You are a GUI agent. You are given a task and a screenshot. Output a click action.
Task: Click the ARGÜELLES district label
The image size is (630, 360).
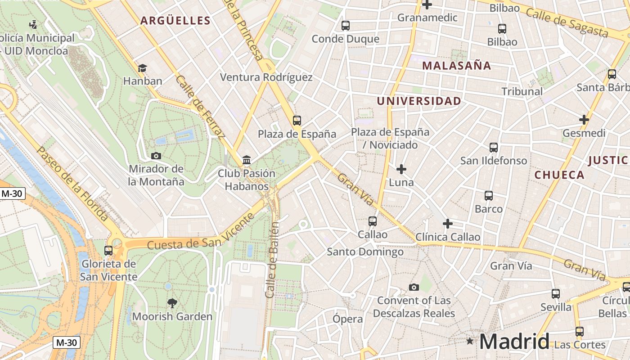[175, 20]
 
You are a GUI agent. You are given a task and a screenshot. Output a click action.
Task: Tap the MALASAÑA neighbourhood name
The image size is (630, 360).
[456, 66]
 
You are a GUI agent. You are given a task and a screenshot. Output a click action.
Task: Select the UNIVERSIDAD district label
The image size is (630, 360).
[419, 101]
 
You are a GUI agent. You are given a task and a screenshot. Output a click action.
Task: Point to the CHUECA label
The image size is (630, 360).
[559, 175]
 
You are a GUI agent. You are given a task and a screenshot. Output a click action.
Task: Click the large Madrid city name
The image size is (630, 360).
[514, 341]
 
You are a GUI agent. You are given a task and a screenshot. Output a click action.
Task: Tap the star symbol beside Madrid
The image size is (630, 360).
[470, 341]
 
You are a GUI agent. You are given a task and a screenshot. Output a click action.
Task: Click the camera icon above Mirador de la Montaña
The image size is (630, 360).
[156, 156]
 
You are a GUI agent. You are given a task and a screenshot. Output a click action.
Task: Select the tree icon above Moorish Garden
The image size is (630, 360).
[172, 303]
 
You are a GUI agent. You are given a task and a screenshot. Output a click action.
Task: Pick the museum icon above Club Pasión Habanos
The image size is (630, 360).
[247, 160]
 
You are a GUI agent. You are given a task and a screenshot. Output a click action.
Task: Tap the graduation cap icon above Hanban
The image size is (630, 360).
[142, 68]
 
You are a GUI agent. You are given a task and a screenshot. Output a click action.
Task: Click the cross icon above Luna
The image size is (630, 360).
[401, 169]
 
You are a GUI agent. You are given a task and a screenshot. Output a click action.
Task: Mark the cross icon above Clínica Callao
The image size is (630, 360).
[447, 224]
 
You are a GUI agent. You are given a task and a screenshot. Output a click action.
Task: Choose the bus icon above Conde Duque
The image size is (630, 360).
[345, 26]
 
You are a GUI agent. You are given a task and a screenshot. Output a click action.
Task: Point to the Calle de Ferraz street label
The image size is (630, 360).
[200, 107]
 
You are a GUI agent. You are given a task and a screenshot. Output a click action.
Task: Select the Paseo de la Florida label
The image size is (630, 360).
[72, 184]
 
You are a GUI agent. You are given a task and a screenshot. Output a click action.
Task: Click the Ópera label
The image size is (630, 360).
[348, 319]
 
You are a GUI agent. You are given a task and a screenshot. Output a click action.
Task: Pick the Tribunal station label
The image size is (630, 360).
[522, 91]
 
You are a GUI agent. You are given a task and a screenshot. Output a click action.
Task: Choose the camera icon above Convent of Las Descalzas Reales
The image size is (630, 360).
[414, 287]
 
